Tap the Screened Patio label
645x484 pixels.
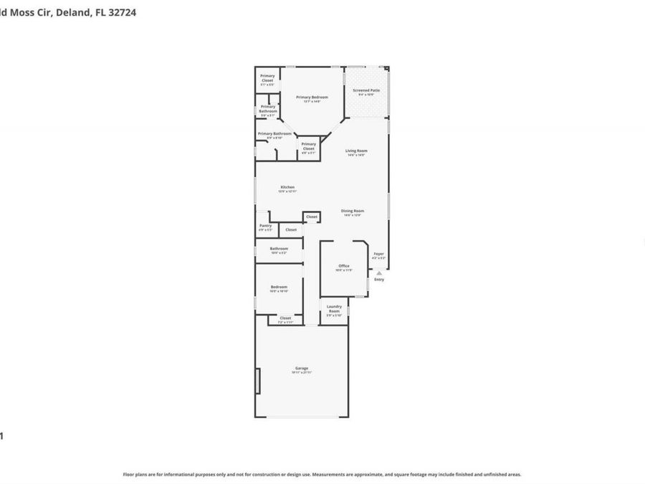click(366, 90)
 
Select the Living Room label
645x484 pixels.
click(356, 151)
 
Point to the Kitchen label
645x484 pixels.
click(287, 187)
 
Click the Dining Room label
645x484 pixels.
click(353, 211)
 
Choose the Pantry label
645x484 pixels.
click(265, 225)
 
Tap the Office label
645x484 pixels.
click(344, 265)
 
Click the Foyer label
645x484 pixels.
click(379, 254)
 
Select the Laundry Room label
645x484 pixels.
click(334, 308)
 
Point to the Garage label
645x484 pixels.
click(302, 368)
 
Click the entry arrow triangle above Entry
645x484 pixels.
click(379, 272)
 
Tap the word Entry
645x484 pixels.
click(379, 280)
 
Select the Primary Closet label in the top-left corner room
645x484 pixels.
click(267, 77)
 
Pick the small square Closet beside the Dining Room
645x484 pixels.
click(311, 217)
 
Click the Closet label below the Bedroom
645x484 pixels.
click(285, 318)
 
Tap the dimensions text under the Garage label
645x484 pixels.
click(302, 373)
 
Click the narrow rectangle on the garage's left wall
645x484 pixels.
click(258, 381)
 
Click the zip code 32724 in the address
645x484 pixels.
click(122, 12)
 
